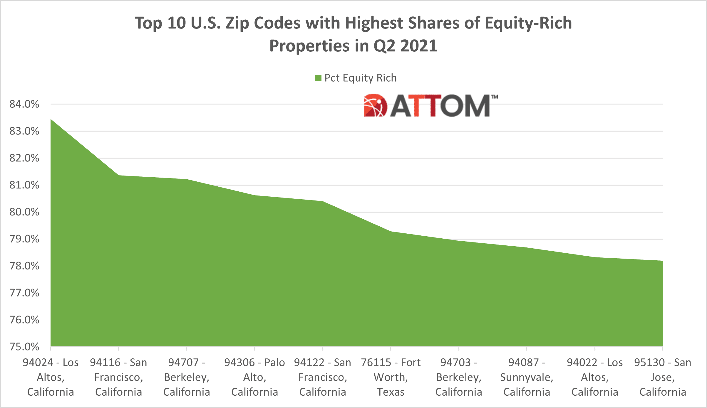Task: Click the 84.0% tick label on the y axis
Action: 24,104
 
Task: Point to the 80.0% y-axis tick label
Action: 24,212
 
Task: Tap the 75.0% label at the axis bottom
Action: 24,347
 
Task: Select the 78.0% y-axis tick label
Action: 24,266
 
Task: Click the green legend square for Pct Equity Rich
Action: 318,78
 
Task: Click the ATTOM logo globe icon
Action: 375,105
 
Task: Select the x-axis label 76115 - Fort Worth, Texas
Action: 391,377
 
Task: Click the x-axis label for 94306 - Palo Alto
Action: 254,377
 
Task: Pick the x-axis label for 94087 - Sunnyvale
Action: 527,377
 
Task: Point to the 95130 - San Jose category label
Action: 662,377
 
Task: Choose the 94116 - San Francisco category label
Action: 118,377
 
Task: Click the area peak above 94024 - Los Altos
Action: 51,119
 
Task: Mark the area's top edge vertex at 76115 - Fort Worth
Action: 391,231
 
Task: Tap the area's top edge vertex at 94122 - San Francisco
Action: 323,201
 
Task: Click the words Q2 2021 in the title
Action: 405,46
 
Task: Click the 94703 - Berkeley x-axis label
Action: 458,377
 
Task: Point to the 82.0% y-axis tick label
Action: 24,158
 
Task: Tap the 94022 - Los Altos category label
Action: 594,377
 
